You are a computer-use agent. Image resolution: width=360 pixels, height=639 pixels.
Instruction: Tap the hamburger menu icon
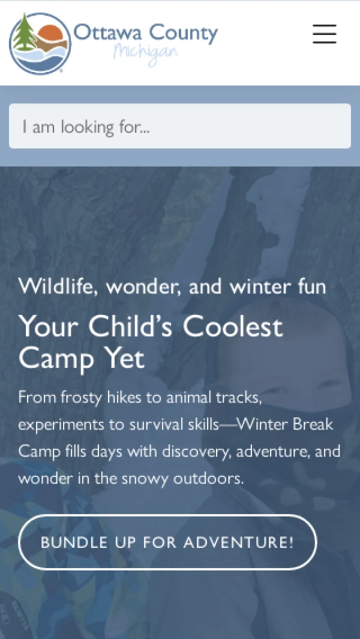tap(325, 34)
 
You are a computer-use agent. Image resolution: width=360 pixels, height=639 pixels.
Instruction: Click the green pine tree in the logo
tap(25, 34)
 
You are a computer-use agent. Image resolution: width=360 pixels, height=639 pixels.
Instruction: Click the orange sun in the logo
tap(50, 32)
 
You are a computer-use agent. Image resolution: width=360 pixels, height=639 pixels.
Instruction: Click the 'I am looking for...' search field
tap(180, 126)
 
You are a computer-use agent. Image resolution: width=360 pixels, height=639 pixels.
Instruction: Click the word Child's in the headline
tap(133, 327)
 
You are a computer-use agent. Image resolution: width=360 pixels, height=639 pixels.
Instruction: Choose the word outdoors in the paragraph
tap(209, 478)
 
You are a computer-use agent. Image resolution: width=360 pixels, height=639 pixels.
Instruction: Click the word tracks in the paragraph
tap(238, 397)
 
